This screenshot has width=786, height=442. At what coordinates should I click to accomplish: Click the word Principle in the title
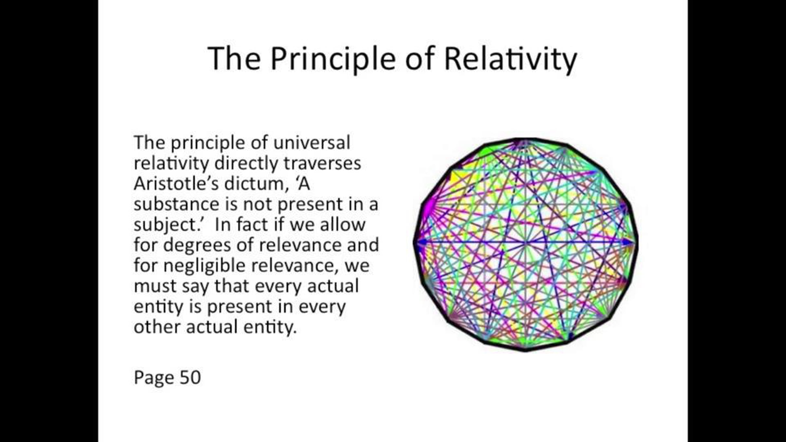(x=333, y=59)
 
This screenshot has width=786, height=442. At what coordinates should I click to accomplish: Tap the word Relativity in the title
(x=511, y=59)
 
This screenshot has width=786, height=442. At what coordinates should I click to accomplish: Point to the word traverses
(x=322, y=163)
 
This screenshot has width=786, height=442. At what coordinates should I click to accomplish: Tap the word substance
(x=177, y=204)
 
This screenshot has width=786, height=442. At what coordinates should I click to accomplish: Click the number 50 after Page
(x=190, y=377)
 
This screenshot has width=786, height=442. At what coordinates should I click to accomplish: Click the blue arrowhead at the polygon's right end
(x=628, y=242)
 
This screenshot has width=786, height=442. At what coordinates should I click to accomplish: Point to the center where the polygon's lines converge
(x=525, y=243)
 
